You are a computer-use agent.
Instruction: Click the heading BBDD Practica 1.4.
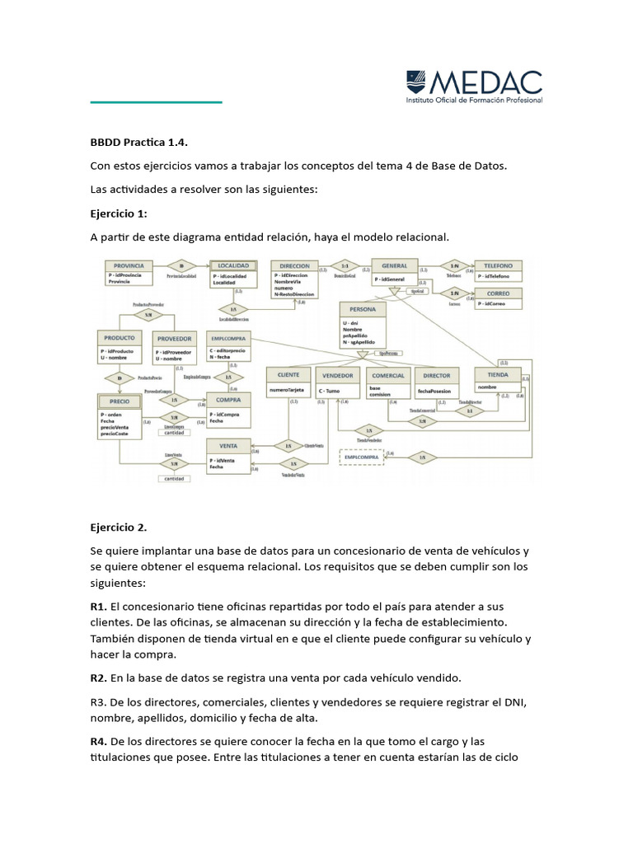pyautogui.click(x=144, y=141)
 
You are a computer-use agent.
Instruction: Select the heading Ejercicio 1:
pyautogui.click(x=119, y=213)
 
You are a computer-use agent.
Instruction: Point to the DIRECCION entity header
pyautogui.click(x=294, y=266)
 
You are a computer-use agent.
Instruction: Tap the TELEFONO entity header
pyautogui.click(x=498, y=265)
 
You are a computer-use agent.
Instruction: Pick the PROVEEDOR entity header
pyautogui.click(x=175, y=338)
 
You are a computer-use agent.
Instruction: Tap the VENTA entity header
pyautogui.click(x=228, y=445)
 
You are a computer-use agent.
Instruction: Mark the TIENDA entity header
pyautogui.click(x=498, y=374)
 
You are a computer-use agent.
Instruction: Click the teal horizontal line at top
pyautogui.click(x=156, y=102)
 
